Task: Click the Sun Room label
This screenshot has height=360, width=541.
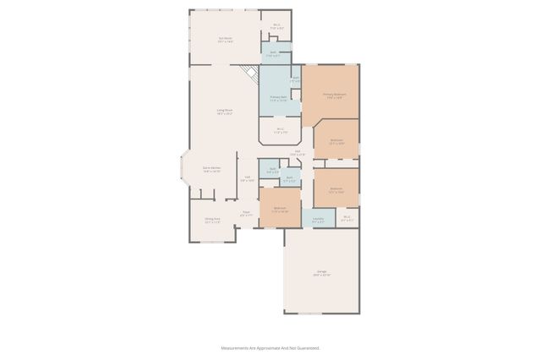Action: pos(224,39)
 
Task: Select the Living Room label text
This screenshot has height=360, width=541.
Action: pos(224,112)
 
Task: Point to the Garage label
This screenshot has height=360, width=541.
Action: pos(321,273)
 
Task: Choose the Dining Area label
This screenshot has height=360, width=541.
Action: pos(211,220)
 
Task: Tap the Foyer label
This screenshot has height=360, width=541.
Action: pos(246,214)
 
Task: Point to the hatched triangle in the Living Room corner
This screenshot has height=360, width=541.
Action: pos(249,74)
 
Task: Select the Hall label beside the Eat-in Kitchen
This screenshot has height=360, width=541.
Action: pos(247,178)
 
